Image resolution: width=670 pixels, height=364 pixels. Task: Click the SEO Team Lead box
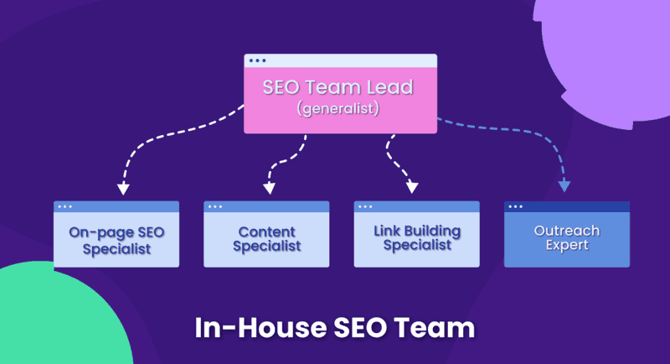click(x=340, y=94)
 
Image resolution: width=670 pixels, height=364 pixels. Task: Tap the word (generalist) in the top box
click(x=340, y=109)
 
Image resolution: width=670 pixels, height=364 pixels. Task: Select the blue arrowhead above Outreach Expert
click(x=564, y=186)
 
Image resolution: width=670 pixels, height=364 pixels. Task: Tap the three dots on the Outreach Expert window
click(x=515, y=206)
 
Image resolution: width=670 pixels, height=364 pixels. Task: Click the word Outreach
click(x=566, y=230)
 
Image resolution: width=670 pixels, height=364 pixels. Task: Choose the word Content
click(x=266, y=231)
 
